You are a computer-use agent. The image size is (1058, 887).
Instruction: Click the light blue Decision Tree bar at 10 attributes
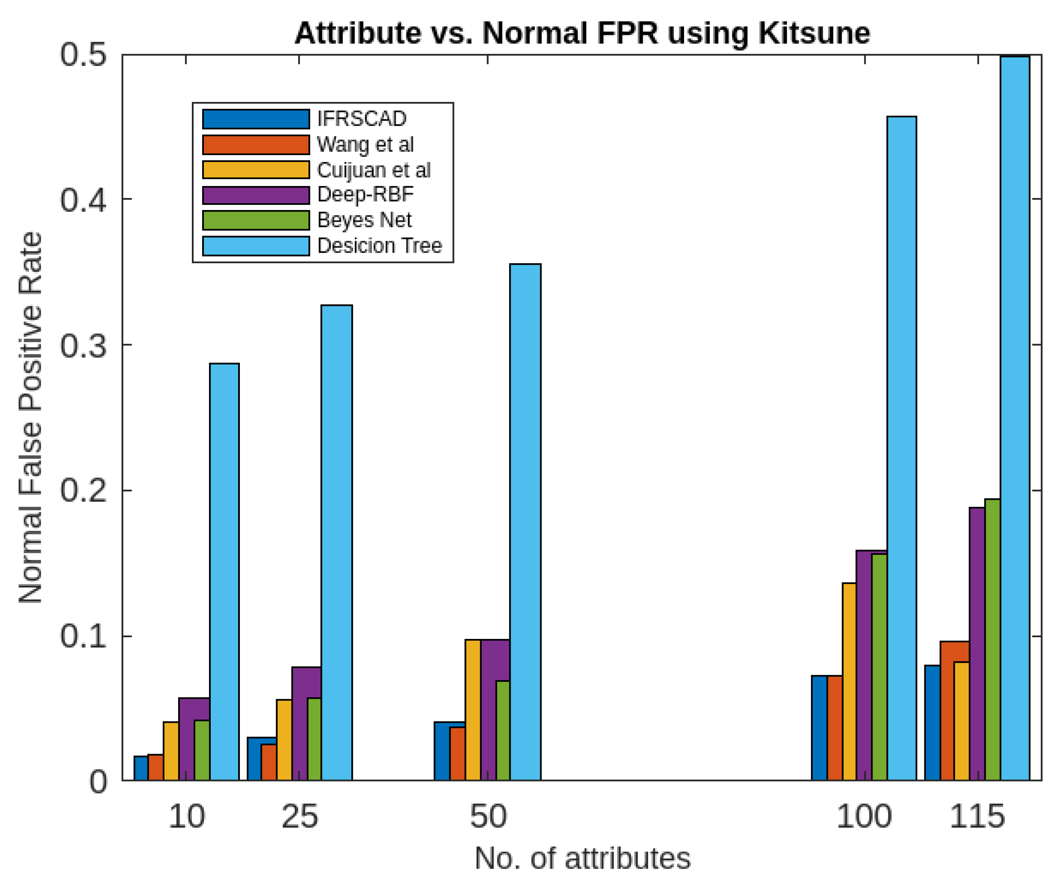coord(224,572)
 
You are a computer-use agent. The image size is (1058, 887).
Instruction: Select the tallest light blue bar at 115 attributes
coord(1015,418)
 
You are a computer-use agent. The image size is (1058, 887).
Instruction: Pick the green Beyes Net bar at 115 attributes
coord(992,640)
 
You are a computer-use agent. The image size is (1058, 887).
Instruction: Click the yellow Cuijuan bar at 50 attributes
coord(472,710)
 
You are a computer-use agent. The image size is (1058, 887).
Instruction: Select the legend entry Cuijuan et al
coord(374,170)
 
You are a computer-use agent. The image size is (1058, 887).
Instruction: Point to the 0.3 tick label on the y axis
coord(83,345)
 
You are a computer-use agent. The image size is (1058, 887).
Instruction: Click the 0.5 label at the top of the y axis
coord(83,54)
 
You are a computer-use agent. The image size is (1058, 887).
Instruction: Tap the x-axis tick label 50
coord(488,816)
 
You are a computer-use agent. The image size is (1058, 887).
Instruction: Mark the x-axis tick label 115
coord(977,816)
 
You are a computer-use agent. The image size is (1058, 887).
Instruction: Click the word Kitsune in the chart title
coord(814,33)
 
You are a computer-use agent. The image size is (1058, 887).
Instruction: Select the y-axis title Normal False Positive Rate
coord(30,417)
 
